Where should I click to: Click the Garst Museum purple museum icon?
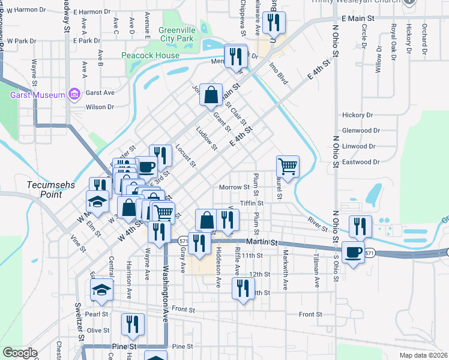click(x=74, y=94)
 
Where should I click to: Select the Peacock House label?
click(x=150, y=56)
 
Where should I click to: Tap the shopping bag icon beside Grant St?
click(x=211, y=95)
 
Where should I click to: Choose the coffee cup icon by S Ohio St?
click(x=353, y=251)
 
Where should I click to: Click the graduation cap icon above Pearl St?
click(x=102, y=290)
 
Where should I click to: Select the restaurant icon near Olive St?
click(x=133, y=324)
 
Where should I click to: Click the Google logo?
click(x=20, y=352)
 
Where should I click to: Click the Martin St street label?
click(x=263, y=242)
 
